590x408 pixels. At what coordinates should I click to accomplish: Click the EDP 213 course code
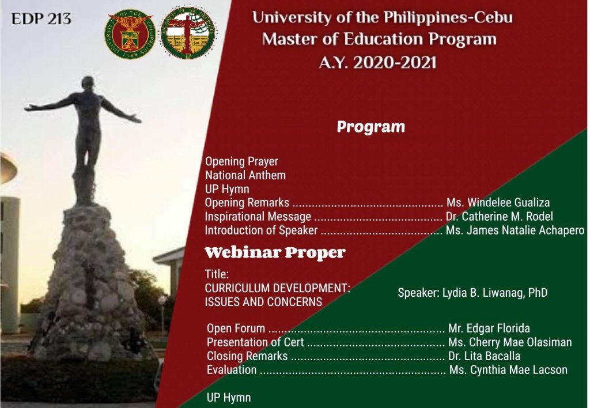(x=41, y=19)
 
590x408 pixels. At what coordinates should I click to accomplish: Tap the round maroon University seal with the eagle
(x=130, y=34)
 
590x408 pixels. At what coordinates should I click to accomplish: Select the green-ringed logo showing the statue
(x=188, y=32)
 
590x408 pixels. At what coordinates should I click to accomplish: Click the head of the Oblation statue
(x=88, y=83)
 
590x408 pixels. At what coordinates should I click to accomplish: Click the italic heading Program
(x=370, y=127)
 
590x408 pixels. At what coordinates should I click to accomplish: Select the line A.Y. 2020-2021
(x=377, y=62)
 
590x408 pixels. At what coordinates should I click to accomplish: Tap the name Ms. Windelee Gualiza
(x=498, y=202)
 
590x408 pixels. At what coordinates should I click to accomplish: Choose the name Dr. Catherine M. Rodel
(x=500, y=217)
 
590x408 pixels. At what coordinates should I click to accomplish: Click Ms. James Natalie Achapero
(x=515, y=230)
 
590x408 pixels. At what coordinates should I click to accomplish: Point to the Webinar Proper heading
(x=275, y=252)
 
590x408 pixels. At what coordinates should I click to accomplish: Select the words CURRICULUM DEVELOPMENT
(x=277, y=288)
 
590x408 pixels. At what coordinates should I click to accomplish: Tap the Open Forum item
(x=236, y=328)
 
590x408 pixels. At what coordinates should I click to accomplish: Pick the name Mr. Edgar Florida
(x=489, y=328)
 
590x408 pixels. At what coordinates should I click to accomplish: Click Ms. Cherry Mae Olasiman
(x=510, y=342)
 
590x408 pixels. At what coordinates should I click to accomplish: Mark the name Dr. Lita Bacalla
(x=484, y=356)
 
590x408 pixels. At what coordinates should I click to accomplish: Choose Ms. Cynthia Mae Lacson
(x=508, y=369)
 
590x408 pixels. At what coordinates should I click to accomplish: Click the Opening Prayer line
(x=241, y=161)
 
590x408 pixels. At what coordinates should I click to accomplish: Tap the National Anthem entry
(x=245, y=175)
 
